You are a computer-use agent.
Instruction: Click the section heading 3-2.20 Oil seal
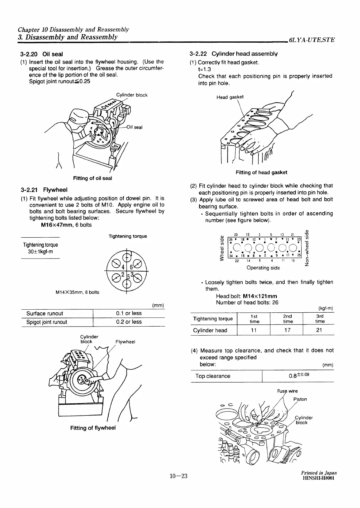(x=41, y=54)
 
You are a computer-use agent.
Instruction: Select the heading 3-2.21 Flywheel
(x=44, y=190)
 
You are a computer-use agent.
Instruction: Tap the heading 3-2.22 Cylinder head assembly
(x=233, y=54)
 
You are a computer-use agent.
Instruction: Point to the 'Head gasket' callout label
(x=230, y=97)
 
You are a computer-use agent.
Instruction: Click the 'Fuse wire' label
(x=287, y=391)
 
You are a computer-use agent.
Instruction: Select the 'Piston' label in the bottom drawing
(x=300, y=399)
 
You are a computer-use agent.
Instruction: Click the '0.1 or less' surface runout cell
(x=129, y=313)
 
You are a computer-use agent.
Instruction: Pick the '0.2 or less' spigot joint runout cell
(x=129, y=322)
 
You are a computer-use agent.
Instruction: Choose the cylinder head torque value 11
(x=254, y=330)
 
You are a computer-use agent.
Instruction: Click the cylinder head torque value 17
(x=287, y=330)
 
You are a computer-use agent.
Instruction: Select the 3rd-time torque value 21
(x=319, y=330)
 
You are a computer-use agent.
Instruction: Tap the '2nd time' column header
(x=287, y=319)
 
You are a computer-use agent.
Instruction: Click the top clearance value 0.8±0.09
(x=299, y=376)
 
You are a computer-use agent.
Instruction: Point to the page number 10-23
(x=178, y=477)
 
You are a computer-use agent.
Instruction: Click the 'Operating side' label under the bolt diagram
(x=263, y=268)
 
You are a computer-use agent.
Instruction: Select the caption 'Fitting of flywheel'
(x=93, y=428)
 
